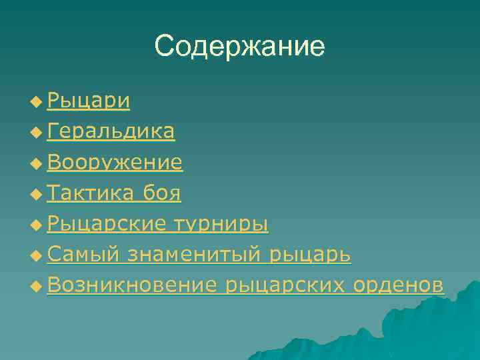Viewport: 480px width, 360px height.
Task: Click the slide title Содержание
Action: [x=239, y=46]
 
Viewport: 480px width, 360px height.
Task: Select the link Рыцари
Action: [x=89, y=101]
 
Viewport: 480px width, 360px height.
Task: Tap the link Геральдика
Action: [x=111, y=131]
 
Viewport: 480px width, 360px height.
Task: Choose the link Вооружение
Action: [x=115, y=162]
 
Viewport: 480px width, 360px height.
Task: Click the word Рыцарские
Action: [x=107, y=224]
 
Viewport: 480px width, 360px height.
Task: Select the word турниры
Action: [x=221, y=224]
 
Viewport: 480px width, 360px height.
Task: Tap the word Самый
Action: [x=83, y=255]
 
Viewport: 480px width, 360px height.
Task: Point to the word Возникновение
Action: [x=133, y=285]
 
